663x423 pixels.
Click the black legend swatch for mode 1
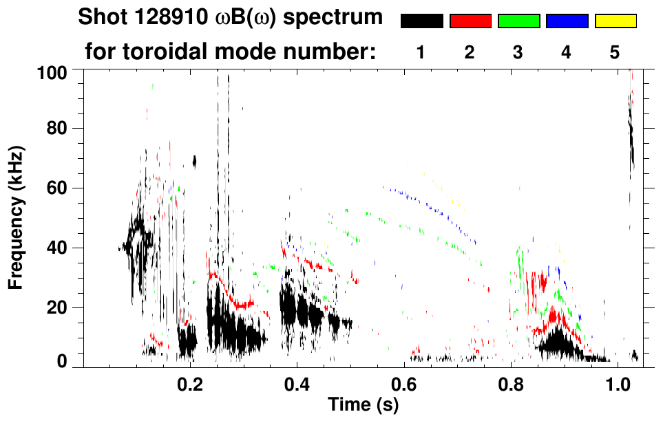point(421,21)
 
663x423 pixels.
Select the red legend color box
point(470,21)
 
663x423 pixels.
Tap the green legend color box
point(518,21)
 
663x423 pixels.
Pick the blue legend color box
point(567,21)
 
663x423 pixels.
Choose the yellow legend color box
point(615,21)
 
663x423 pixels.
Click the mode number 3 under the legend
point(518,53)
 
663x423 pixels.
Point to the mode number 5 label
point(615,53)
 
